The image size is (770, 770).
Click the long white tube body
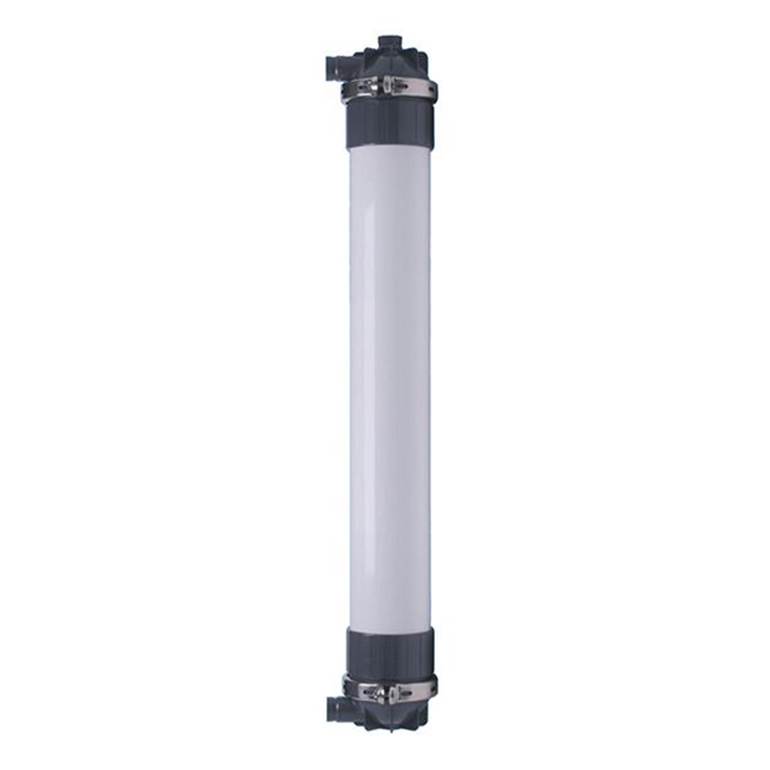[389, 385]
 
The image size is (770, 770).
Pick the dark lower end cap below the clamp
[389, 717]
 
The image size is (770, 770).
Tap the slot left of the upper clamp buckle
[368, 88]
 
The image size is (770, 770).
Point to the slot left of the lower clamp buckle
[368, 690]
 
